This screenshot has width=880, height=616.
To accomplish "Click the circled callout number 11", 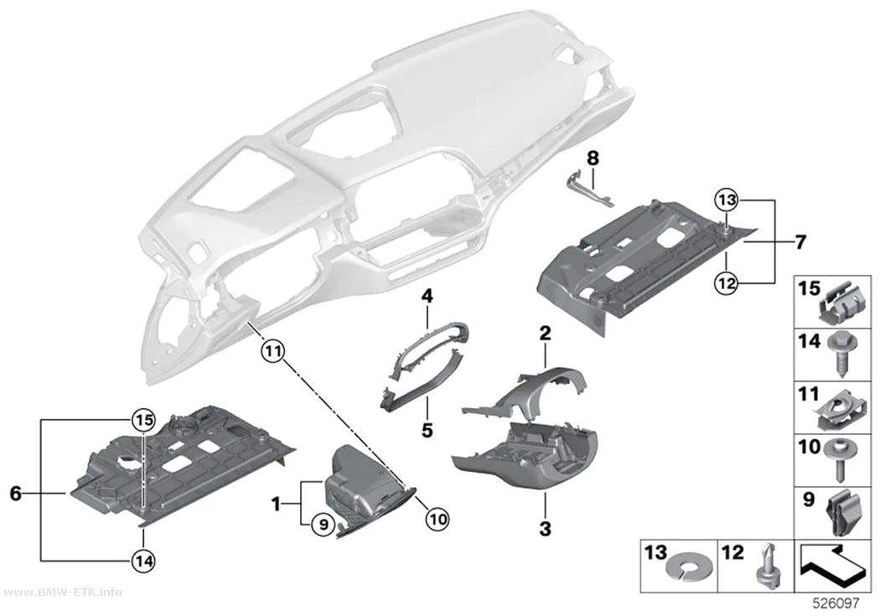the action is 272,352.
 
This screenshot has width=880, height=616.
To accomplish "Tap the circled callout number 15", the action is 143,419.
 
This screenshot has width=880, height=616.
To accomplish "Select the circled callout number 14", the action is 143,560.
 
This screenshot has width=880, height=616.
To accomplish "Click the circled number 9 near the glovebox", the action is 322,525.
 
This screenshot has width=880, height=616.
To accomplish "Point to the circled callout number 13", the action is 726,199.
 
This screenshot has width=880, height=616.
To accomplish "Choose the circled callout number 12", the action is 726,283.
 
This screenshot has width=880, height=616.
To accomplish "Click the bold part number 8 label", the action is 593,158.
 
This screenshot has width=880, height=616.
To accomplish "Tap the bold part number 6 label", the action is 16,494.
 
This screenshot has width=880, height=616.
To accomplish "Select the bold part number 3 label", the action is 545,529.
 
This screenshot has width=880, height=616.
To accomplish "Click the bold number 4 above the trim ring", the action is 427,296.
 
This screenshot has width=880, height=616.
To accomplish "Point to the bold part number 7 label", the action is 800,242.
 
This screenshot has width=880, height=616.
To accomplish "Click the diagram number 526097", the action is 836,603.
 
